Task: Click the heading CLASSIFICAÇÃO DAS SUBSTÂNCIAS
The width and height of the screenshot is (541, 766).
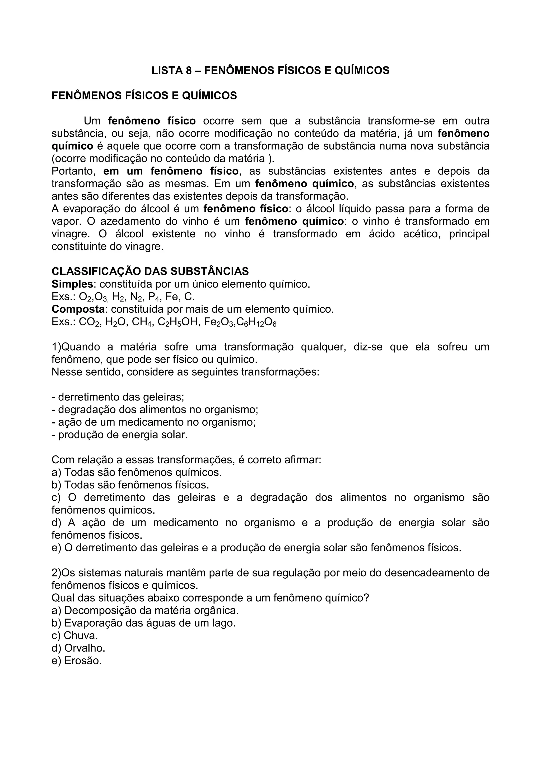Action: tap(150, 271)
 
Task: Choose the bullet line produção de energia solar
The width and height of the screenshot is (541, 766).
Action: tap(120, 435)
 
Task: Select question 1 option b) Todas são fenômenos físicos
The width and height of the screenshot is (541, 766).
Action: tap(130, 485)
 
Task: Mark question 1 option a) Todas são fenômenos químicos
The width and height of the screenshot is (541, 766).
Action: tap(137, 472)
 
